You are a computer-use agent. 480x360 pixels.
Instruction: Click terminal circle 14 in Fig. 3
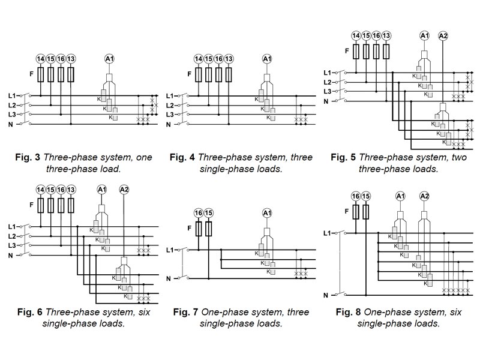click(x=40, y=59)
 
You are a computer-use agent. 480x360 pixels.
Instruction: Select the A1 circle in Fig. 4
click(x=267, y=59)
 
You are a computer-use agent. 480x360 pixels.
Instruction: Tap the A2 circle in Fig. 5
click(x=443, y=36)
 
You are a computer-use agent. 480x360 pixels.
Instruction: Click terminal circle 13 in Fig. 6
click(x=71, y=190)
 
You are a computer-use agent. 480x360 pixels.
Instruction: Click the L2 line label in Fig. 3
click(x=11, y=105)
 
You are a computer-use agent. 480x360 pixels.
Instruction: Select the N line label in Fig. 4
click(x=169, y=124)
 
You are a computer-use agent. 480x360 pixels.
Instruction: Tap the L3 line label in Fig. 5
click(x=326, y=91)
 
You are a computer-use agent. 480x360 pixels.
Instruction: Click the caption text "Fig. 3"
click(x=29, y=158)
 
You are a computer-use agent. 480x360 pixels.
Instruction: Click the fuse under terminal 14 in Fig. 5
click(x=356, y=51)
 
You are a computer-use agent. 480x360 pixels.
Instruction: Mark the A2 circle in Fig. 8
click(x=424, y=196)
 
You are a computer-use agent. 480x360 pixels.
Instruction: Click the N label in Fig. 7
click(x=169, y=278)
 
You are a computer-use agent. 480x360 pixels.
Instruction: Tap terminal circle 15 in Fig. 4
click(x=209, y=59)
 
